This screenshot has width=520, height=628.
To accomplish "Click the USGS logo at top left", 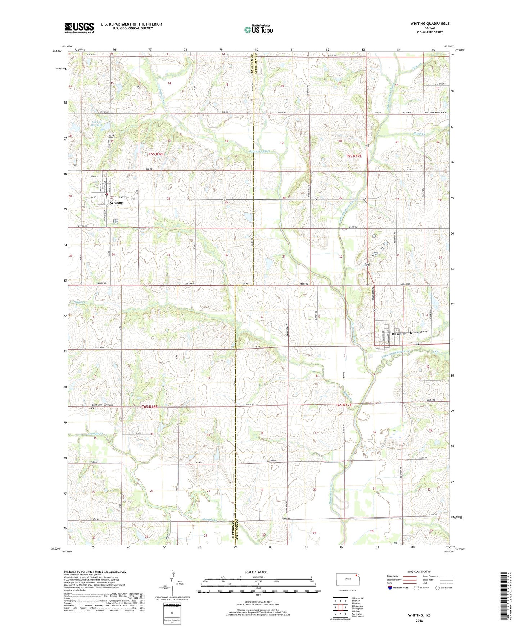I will (79, 28).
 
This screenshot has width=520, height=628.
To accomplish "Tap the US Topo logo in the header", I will (258, 29).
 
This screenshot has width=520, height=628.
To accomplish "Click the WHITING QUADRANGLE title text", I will (430, 24).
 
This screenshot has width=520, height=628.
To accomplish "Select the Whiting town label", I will (116, 203).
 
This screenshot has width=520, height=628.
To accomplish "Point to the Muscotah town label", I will (398, 334).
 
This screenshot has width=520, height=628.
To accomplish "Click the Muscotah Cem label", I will (420, 332).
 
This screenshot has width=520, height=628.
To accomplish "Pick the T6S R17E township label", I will (343, 405).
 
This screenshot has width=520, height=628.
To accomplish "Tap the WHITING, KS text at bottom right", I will (419, 615).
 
